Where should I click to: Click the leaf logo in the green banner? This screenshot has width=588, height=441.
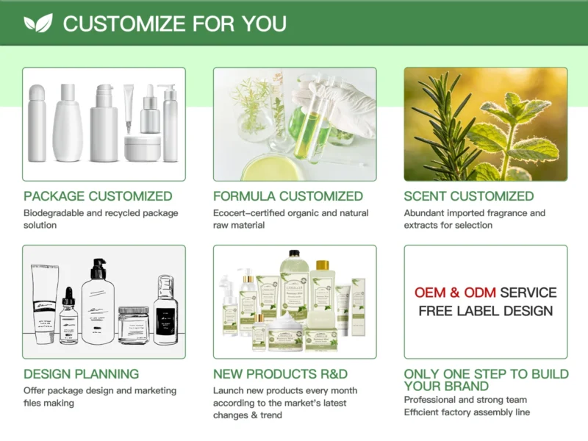pyautogui.click(x=38, y=24)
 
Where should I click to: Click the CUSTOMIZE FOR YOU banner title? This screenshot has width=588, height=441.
pyautogui.click(x=174, y=24)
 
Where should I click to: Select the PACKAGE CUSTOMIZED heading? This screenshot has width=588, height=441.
pyautogui.click(x=98, y=196)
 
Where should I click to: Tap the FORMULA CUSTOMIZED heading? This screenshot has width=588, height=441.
pyautogui.click(x=288, y=196)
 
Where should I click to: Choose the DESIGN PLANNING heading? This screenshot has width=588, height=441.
pyautogui.click(x=81, y=374)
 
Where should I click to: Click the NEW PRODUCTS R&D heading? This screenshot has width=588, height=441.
pyautogui.click(x=280, y=374)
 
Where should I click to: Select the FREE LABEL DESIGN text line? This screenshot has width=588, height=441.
pyautogui.click(x=486, y=311)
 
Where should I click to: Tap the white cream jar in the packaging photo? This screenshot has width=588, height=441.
pyautogui.click(x=143, y=148)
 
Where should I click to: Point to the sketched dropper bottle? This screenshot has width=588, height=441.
pyautogui.click(x=68, y=316)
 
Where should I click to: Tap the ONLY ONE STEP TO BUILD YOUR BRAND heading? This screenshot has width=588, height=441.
pyautogui.click(x=486, y=380)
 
